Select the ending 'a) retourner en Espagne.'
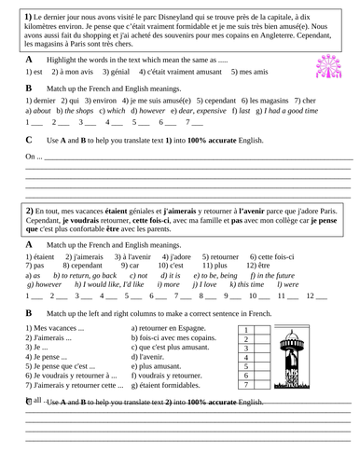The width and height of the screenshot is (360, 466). pos(173,329)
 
